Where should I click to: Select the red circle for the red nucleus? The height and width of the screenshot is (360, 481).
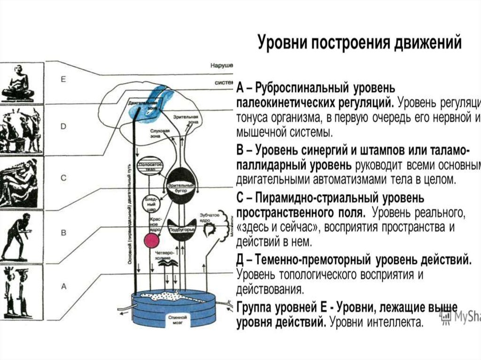tap(151, 240)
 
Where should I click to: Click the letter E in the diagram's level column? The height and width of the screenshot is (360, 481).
tap(63, 80)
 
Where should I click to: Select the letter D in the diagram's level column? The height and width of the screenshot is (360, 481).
tap(63, 127)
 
